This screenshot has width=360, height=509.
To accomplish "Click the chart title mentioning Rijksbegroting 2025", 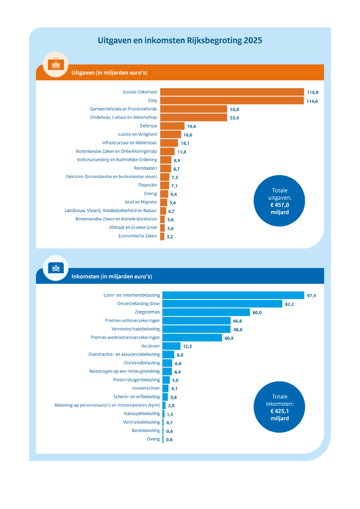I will (x=180, y=41).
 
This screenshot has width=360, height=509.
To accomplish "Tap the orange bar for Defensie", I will (x=172, y=126).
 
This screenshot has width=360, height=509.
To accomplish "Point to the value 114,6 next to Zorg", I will (x=312, y=101).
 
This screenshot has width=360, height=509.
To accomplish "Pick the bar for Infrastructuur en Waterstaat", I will (x=169, y=143).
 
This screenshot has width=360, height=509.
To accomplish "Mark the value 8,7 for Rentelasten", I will (x=176, y=169).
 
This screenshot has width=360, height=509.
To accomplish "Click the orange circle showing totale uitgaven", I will (x=280, y=201).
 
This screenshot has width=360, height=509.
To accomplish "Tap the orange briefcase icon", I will (x=55, y=65).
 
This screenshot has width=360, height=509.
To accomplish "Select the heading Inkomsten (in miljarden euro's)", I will (x=112, y=277).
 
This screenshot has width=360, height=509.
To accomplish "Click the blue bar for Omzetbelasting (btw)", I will (x=222, y=304).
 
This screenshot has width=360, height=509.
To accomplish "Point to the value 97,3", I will (x=311, y=296).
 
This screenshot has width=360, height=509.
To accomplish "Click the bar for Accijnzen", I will (x=171, y=346).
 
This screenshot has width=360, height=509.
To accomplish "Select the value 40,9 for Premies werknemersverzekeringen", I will (x=229, y=338).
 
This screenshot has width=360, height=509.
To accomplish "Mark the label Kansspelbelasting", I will (x=142, y=413).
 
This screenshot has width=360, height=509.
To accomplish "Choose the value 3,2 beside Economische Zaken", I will (x=170, y=237).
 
